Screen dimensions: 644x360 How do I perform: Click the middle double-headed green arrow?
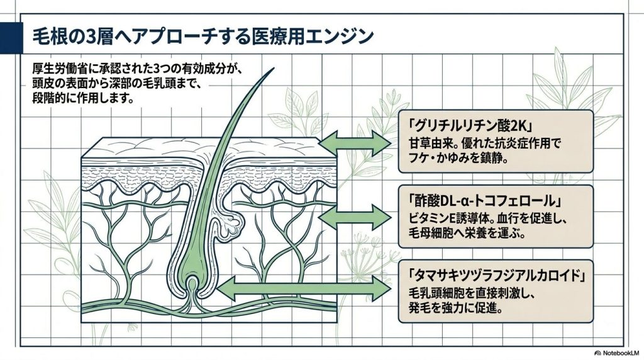[355, 217]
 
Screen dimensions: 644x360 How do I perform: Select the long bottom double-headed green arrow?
[304, 289]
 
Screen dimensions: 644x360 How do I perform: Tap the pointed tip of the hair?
[274, 68]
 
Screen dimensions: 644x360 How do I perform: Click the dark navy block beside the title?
[11, 38]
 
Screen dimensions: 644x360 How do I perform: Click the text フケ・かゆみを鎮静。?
[458, 158]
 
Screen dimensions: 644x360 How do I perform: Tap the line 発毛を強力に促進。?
[455, 307]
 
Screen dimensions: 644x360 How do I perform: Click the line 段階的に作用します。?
[84, 99]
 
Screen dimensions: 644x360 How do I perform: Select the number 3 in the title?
[89, 37]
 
